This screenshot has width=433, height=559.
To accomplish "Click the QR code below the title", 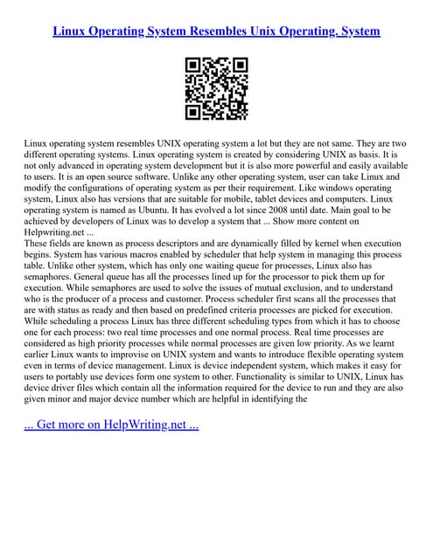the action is (x=216, y=88).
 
